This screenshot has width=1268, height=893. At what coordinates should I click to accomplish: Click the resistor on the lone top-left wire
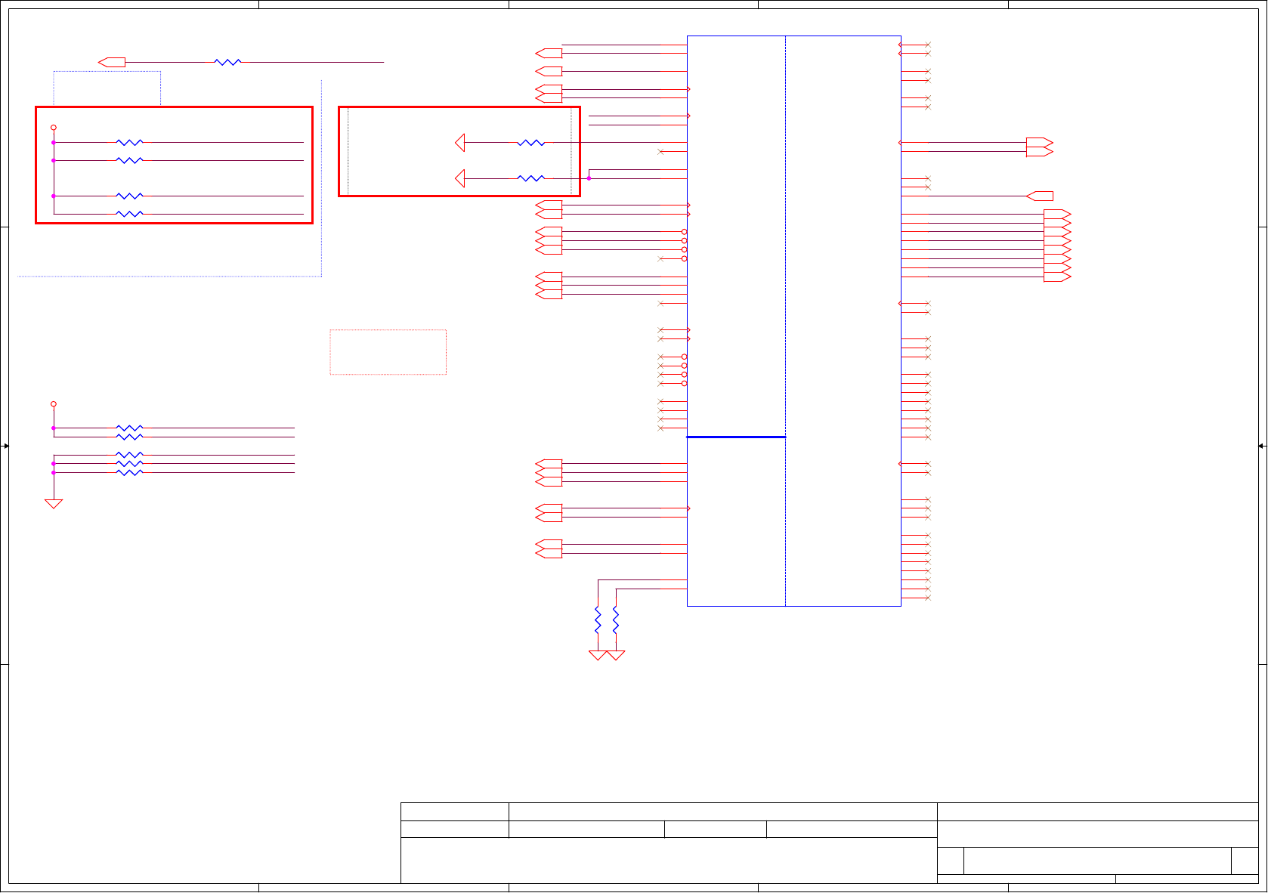pos(227,63)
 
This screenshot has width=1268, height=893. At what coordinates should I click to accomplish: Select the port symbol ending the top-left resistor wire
pos(112,63)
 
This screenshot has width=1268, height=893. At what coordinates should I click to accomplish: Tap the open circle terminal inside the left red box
pos(54,128)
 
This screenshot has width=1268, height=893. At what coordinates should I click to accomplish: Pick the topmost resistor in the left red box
pos(129,142)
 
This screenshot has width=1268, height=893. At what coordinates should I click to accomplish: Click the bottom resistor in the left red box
pos(129,214)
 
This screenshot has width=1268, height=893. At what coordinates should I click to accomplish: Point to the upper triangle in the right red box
pos(460,142)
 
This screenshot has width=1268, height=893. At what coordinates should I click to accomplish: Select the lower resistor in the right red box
pos(530,178)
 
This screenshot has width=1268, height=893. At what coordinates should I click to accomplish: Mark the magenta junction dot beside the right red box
pos(589,178)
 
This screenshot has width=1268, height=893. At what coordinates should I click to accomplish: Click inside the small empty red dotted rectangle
pos(388,352)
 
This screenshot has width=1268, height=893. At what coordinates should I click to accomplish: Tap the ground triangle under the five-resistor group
pos(54,504)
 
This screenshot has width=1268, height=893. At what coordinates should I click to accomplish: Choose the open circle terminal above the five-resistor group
pos(54,404)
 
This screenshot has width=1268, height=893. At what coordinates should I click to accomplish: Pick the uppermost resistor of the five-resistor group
pos(129,428)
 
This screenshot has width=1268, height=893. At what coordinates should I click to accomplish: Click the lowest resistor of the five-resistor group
pos(129,472)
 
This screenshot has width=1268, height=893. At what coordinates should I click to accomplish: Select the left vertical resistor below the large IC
pos(598,621)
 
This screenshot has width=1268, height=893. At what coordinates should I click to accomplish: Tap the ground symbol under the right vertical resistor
pos(616,655)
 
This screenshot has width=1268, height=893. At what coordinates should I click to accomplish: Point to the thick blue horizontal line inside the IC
pos(735,437)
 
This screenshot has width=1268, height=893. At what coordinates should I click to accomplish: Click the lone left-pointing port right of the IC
pos(1040,196)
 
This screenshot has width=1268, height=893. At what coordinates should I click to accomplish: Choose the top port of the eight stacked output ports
pos(1057,214)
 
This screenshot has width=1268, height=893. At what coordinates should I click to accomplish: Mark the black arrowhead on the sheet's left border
pos(5,446)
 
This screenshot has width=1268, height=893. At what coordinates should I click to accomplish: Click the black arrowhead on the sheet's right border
pos(1261,446)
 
